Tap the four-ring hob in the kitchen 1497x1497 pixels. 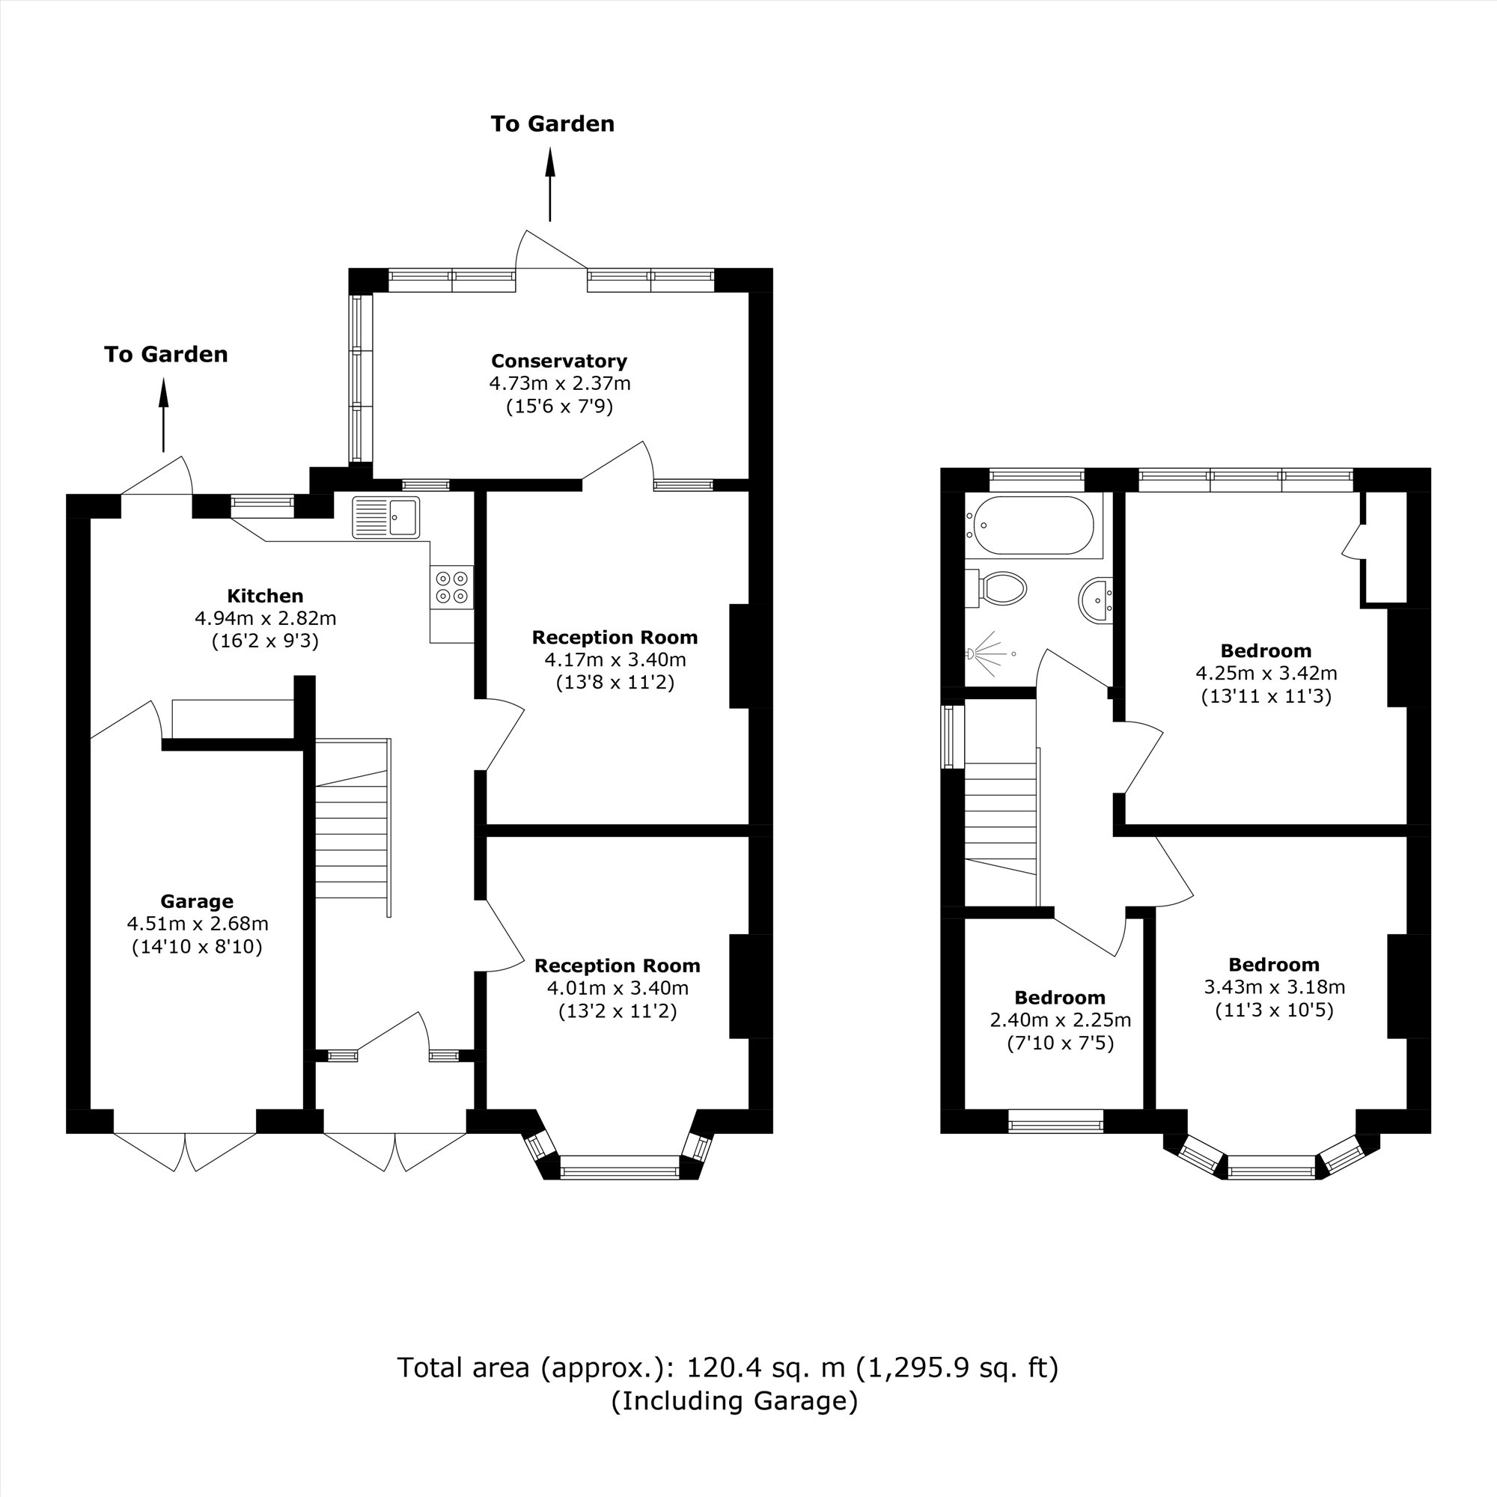(x=452, y=587)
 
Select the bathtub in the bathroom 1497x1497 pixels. (x=1033, y=525)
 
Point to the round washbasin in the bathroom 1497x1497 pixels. (x=1096, y=599)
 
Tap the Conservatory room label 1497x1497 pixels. (x=558, y=361)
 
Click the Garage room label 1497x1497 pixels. (x=197, y=901)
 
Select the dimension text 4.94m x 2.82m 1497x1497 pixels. (x=265, y=618)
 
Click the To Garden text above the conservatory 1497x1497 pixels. (x=552, y=124)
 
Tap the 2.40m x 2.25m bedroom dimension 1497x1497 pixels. (x=1060, y=1020)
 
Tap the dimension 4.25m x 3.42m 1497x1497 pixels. (x=1266, y=674)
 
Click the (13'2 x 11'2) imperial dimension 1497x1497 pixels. (x=618, y=1011)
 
